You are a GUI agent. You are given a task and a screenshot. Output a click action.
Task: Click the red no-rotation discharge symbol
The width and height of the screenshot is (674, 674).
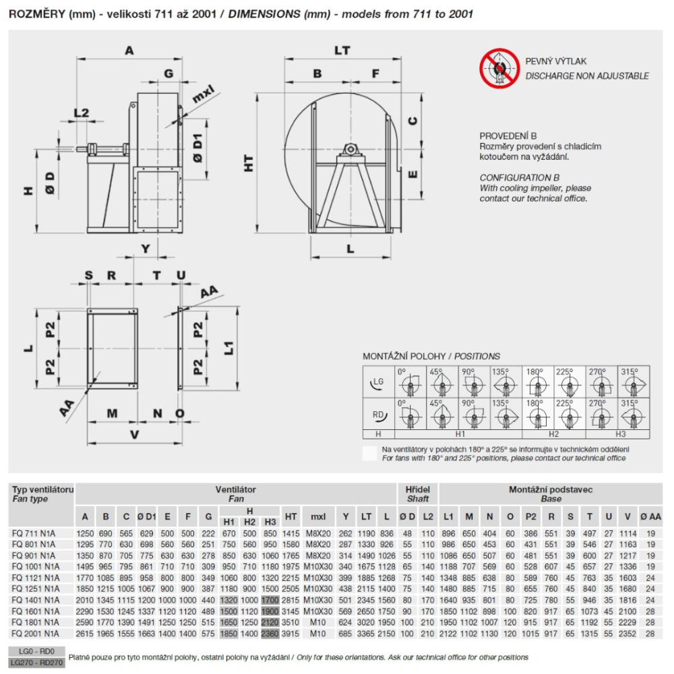pyautogui.click(x=499, y=68)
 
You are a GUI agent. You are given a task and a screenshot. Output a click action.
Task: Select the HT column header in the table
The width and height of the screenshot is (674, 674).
pyautogui.click(x=290, y=516)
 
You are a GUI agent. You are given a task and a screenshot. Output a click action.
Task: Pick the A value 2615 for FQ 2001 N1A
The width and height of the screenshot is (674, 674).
pyautogui.click(x=85, y=634)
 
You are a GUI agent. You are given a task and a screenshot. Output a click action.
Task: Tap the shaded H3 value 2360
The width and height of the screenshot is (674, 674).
pyautogui.click(x=270, y=634)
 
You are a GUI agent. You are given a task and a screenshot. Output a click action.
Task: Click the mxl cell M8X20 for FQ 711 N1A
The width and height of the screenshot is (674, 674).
pyautogui.click(x=318, y=533)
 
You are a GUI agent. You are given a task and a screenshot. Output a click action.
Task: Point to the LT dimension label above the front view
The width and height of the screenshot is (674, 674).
pyautogui.click(x=342, y=51)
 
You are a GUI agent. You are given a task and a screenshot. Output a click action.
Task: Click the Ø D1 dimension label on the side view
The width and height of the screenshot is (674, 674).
pyautogui.click(x=197, y=148)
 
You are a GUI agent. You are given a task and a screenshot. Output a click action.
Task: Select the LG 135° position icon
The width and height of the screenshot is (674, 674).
pyautogui.click(x=506, y=382)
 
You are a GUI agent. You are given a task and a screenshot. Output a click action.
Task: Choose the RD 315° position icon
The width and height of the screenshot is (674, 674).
pyautogui.click(x=633, y=414)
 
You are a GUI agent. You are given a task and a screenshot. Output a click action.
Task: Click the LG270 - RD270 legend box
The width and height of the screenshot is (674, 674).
pyautogui.click(x=36, y=663)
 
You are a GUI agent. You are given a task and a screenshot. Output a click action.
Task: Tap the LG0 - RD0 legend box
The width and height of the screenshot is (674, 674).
pyautogui.click(x=36, y=651)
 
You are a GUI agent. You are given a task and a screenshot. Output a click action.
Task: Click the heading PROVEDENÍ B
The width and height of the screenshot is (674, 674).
pyautogui.click(x=508, y=136)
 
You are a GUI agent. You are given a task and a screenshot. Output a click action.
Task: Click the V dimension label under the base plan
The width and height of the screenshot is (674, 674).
pyautogui.click(x=135, y=435)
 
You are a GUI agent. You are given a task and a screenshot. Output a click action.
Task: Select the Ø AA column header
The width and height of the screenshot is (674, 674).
pyautogui.click(x=650, y=516)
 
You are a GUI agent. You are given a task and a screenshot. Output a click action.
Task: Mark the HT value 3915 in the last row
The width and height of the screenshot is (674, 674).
pyautogui.click(x=290, y=634)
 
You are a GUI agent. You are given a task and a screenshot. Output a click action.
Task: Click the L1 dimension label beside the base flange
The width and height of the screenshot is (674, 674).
pyautogui.click(x=228, y=348)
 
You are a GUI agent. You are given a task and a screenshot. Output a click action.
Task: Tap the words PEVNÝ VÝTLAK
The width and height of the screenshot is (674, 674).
pyautogui.click(x=556, y=61)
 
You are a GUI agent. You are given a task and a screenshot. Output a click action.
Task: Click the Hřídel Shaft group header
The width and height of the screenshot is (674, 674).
pyautogui.click(x=417, y=494)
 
